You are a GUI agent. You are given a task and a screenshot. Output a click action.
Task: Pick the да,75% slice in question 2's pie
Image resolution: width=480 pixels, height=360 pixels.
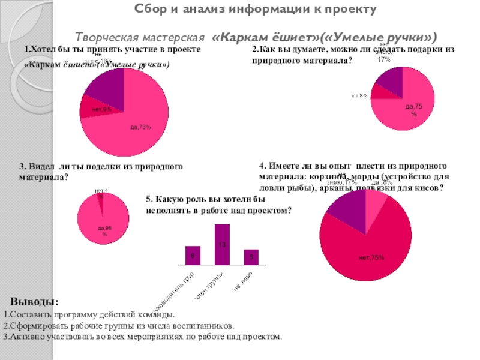click(408, 111)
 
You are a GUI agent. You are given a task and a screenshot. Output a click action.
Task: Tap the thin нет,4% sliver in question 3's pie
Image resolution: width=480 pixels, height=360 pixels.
click(101, 198)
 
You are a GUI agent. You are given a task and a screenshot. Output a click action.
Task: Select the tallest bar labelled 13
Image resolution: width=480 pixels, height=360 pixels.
click(222, 244)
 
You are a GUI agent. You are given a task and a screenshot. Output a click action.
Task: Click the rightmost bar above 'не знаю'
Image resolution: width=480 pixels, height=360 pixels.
click(251, 256)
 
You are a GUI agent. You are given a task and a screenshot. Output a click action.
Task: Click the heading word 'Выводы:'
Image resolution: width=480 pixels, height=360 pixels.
click(34, 301)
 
